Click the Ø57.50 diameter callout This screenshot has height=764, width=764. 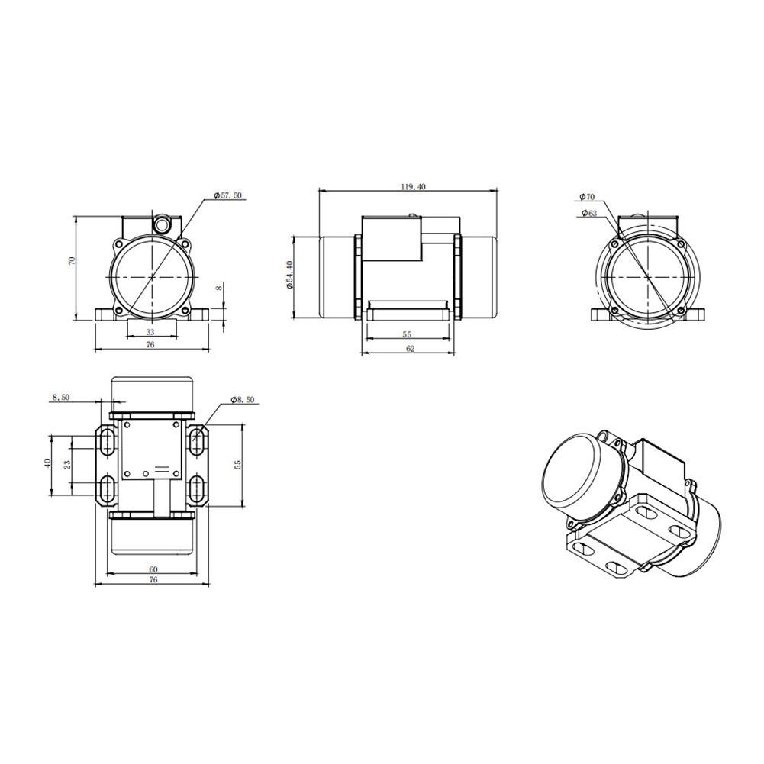(228, 196)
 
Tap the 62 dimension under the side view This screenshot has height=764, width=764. (409, 348)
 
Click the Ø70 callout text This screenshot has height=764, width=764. (587, 197)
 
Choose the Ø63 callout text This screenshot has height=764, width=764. (588, 213)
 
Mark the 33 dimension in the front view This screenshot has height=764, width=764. (150, 332)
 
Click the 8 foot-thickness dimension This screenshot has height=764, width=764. (219, 288)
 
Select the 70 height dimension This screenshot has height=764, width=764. (72, 261)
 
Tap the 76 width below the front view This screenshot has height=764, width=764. (150, 346)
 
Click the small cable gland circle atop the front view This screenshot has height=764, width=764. (162, 225)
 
